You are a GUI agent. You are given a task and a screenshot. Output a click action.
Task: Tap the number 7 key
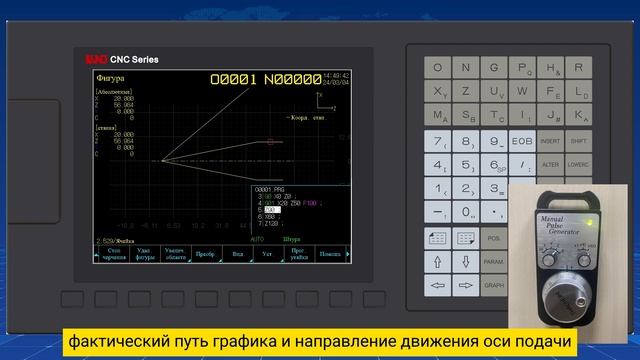(x=438, y=141)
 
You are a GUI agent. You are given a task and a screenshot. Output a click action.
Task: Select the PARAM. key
(x=494, y=261)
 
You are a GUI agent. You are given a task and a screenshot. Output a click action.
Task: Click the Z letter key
(x=465, y=91)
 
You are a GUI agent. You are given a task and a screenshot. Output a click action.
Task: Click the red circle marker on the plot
(x=270, y=143)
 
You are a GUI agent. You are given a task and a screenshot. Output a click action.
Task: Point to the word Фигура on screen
(x=110, y=77)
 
